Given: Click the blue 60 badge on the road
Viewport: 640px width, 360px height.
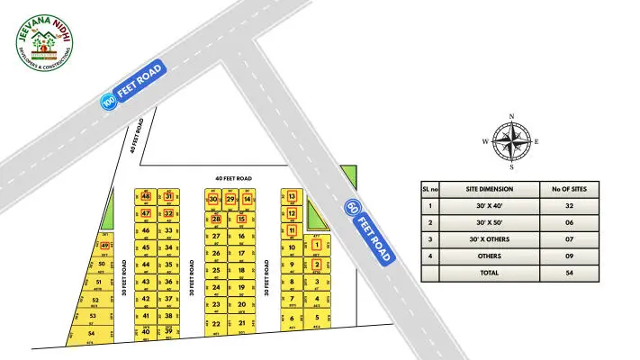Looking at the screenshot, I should (352, 208).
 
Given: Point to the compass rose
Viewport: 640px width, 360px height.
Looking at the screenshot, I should (511, 141).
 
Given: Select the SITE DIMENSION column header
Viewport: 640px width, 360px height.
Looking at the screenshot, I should (490, 189).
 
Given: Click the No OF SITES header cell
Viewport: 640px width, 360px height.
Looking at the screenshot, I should (569, 189).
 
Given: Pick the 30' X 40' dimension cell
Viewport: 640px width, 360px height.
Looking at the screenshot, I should (490, 205).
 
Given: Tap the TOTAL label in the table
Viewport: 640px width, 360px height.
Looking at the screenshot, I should (490, 271).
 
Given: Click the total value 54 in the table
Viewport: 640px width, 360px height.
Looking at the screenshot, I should (569, 271).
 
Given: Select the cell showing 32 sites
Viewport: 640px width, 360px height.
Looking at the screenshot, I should (569, 205).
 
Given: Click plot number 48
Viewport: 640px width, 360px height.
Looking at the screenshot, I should (146, 196).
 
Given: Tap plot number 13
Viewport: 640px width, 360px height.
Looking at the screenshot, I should (292, 196).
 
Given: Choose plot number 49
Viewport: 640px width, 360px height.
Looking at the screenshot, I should (105, 246).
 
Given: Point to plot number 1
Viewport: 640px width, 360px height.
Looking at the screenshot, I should (317, 245).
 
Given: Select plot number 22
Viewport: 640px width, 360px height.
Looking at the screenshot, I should (216, 323).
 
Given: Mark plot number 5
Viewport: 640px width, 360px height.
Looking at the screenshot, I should (317, 317).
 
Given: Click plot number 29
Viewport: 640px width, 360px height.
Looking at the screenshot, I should (230, 199).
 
